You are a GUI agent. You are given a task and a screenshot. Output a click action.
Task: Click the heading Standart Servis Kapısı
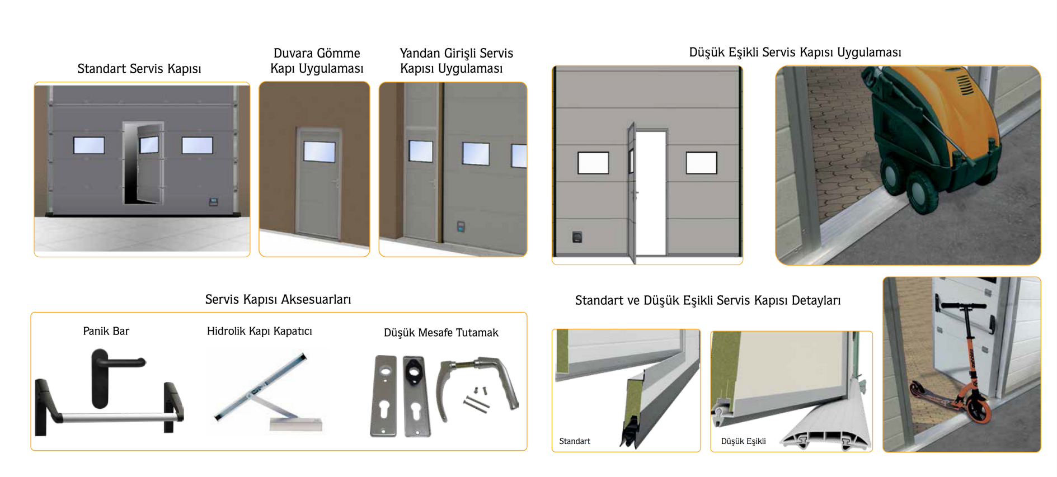click(139, 69)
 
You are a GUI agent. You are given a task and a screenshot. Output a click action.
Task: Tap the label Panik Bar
click(106, 331)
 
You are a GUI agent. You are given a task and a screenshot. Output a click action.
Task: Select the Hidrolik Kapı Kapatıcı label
click(260, 331)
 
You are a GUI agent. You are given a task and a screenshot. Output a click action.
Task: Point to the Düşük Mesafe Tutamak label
click(441, 333)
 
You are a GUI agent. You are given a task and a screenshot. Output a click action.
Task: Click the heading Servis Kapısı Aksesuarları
click(278, 299)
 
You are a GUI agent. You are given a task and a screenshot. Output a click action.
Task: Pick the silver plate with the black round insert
click(416, 395)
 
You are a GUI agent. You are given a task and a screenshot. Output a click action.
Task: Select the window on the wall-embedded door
click(320, 152)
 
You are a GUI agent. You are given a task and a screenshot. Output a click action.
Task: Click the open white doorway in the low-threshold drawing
click(651, 193)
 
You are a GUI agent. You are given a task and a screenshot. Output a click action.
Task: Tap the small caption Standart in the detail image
click(575, 441)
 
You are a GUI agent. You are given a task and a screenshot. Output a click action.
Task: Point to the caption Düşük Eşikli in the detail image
click(744, 441)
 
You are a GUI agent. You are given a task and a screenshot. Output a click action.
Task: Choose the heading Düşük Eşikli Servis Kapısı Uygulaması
click(795, 52)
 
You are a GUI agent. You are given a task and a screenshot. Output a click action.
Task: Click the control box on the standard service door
click(213, 202)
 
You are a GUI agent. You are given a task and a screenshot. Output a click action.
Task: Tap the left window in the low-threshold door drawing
click(593, 163)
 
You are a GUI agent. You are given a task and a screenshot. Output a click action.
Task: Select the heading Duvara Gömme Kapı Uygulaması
click(317, 60)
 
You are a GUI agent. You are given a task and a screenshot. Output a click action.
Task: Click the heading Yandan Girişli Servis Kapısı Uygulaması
click(456, 60)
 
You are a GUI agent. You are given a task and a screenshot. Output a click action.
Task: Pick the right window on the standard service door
click(197, 145)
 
